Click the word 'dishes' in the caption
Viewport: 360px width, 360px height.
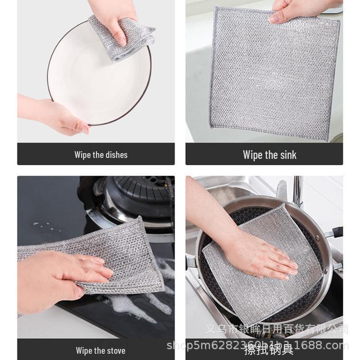(116, 155)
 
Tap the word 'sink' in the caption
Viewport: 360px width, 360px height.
(287, 155)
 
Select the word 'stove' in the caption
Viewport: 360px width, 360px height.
(116, 350)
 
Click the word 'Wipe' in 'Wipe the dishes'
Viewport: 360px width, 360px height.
(83, 155)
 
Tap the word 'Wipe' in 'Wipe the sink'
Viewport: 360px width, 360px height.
(252, 155)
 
